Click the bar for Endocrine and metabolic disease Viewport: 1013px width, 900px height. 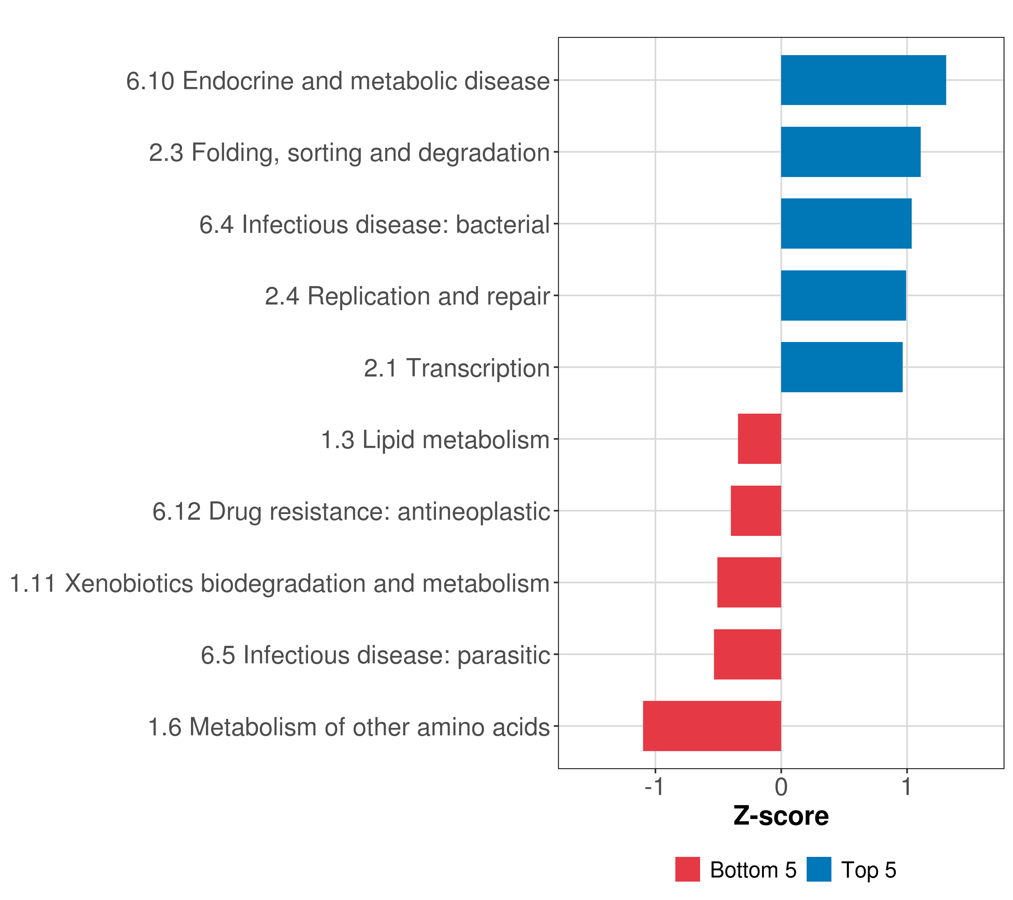pos(863,80)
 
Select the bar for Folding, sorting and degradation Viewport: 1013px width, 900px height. pos(851,152)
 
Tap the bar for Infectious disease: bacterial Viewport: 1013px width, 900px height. pos(846,223)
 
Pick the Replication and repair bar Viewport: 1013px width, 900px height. pos(843,296)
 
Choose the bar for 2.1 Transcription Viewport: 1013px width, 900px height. pos(842,367)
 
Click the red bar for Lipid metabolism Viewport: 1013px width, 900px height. pos(759,439)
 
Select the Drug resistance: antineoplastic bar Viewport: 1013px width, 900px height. pos(756,511)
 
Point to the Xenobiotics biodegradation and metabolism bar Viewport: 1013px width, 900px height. pos(749,582)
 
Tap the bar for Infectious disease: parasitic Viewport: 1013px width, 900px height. pos(747,654)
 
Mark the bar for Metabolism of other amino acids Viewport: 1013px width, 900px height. pos(712,726)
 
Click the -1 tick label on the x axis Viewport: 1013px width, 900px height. pos(654,787)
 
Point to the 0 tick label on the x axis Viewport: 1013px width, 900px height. pos(781,787)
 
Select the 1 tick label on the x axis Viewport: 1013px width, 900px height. pos(906,787)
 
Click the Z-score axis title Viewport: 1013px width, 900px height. pos(781,817)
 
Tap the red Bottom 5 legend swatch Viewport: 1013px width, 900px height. pos(687,870)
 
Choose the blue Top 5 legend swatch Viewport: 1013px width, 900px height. pos(819,870)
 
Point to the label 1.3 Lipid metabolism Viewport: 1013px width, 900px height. pos(435,440)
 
